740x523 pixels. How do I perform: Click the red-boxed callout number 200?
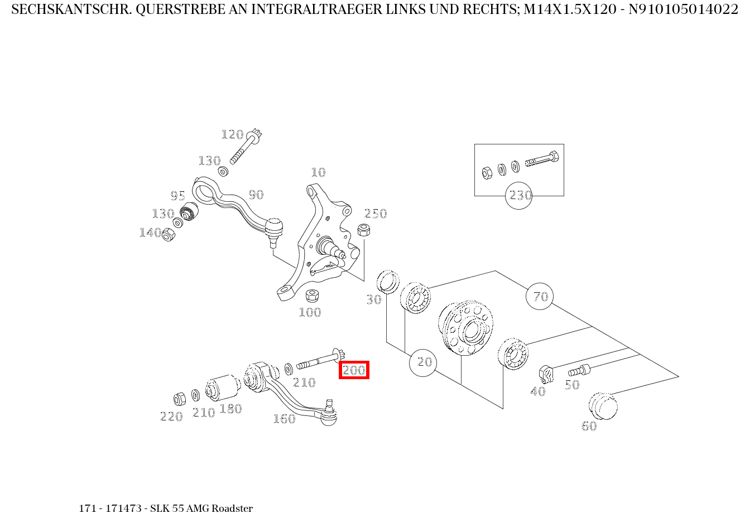(x=354, y=370)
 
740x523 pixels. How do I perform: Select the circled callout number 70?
(x=540, y=297)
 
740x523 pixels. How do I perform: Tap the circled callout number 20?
(x=424, y=362)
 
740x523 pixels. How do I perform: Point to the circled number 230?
(x=519, y=196)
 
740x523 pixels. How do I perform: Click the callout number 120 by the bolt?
(x=232, y=134)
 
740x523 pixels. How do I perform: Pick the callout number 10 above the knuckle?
(x=318, y=172)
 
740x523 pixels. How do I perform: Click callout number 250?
(x=376, y=214)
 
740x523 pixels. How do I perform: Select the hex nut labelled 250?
(x=363, y=229)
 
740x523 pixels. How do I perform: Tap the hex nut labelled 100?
(x=313, y=295)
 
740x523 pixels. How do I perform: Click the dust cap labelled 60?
(x=603, y=405)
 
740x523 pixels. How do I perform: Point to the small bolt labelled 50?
(x=579, y=370)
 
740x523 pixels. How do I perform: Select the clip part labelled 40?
(x=545, y=374)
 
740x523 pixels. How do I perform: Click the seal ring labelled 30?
(x=388, y=281)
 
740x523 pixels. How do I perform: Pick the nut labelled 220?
(x=180, y=399)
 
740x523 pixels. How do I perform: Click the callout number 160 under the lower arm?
(x=283, y=419)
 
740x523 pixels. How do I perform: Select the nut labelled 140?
(x=168, y=235)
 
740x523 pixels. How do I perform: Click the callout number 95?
(x=177, y=196)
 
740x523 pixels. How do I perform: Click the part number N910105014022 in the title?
(x=683, y=9)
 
